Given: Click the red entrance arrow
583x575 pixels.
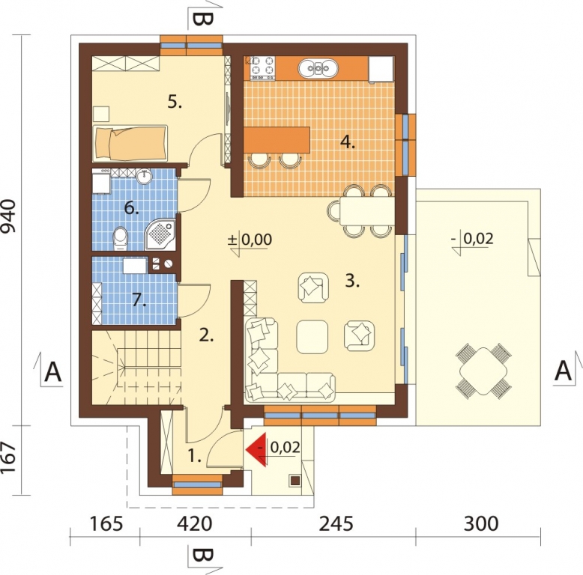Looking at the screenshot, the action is click(x=256, y=449).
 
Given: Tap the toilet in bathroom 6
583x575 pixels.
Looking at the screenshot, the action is click(x=120, y=239).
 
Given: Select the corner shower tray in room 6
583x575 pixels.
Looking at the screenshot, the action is click(x=160, y=235).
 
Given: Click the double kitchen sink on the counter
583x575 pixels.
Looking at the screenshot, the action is click(x=318, y=68).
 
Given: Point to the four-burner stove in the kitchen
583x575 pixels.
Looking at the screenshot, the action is click(x=263, y=67).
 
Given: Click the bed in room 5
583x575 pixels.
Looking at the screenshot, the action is click(x=130, y=144).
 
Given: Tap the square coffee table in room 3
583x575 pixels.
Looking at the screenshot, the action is click(x=312, y=337).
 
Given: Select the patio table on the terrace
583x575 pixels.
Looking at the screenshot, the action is click(x=483, y=371).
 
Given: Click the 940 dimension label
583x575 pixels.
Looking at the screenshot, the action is click(x=9, y=216).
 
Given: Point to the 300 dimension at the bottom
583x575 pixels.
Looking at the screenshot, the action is click(x=481, y=523).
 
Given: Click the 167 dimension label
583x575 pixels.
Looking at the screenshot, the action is click(x=9, y=457).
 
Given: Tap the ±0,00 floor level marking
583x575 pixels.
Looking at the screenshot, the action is click(x=250, y=240).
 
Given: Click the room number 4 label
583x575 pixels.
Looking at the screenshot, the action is click(x=348, y=142).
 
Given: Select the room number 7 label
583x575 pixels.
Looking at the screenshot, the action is click(x=139, y=299).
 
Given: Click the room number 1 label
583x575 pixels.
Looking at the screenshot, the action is click(x=194, y=456).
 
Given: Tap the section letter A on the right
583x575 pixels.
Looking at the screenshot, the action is click(x=563, y=371).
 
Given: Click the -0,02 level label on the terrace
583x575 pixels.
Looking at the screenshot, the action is click(x=473, y=238).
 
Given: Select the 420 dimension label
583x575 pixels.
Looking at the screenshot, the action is click(x=194, y=523).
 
